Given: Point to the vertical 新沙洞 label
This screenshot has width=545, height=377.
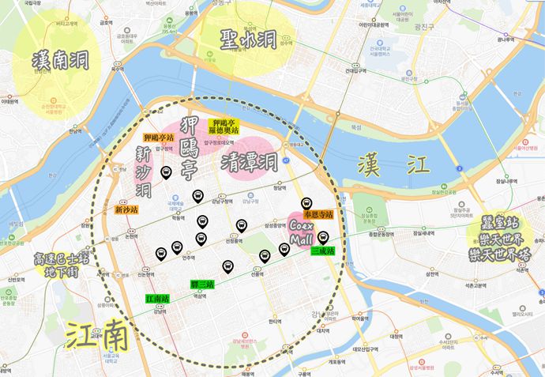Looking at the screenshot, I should pos(144,172).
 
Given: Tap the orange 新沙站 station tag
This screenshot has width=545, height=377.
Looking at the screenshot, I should pos(126,210).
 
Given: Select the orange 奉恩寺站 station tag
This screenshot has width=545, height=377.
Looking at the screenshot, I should pos(318,214).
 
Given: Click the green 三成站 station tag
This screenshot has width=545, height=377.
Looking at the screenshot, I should pos(323,251).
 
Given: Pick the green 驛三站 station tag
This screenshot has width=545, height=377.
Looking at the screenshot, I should pos(203,284).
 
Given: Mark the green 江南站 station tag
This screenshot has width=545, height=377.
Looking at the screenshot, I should pos(159,300).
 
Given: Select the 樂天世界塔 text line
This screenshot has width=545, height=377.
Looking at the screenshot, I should pos(508,252).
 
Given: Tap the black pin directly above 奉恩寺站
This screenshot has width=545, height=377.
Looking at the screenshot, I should pos(308,202).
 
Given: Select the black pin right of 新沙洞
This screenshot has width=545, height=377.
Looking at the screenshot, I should pos(166,172).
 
